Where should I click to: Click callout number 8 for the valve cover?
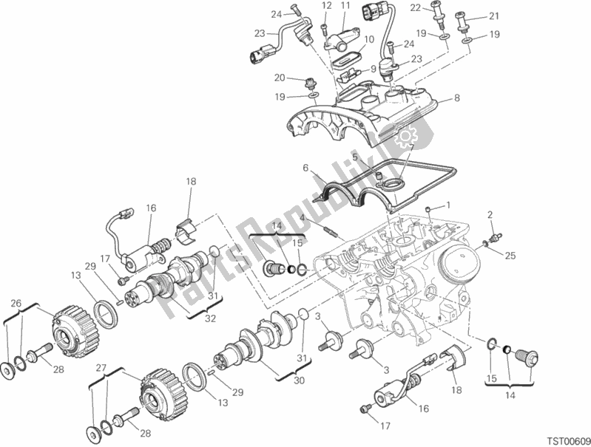coord(457,98)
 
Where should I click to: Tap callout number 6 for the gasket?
coord(305,168)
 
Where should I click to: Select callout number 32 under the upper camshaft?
coord(210,318)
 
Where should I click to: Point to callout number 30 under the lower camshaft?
coord(299,381)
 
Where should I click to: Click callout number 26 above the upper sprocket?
coord(16,303)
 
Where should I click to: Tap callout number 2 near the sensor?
coord(490,215)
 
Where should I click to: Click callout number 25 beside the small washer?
coord(510,256)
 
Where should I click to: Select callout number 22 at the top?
coord(416,7)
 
